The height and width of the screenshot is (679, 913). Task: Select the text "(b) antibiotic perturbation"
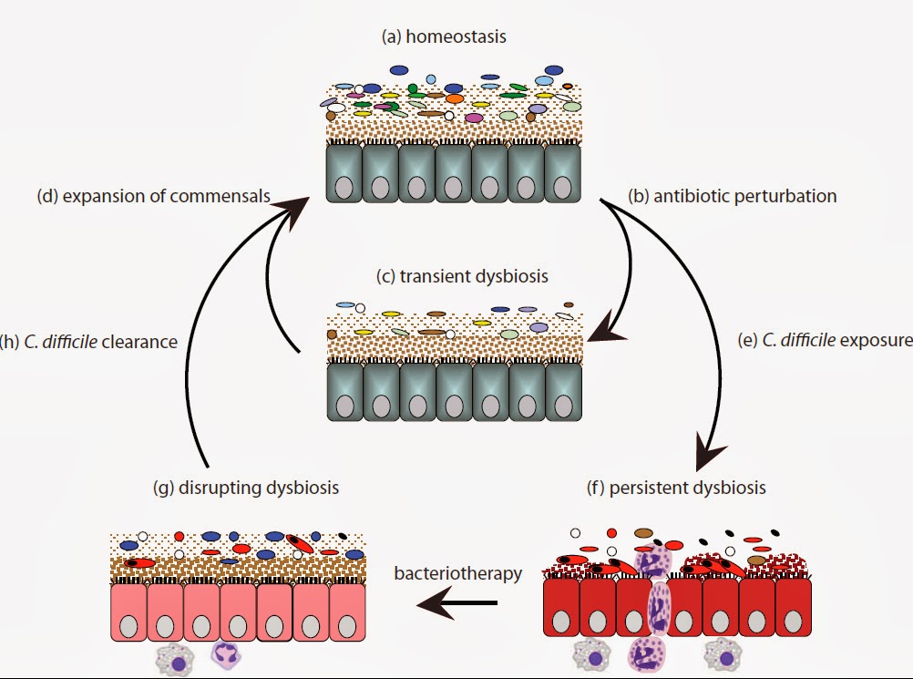(x=733, y=196)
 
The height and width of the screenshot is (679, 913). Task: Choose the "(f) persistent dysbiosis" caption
(x=676, y=488)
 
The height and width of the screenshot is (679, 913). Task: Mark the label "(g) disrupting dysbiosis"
(x=246, y=488)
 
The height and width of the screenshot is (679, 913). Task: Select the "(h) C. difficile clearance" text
(x=88, y=341)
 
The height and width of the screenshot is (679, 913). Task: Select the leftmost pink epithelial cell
(x=128, y=615)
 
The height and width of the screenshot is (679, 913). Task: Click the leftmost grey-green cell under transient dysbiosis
(x=344, y=393)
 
